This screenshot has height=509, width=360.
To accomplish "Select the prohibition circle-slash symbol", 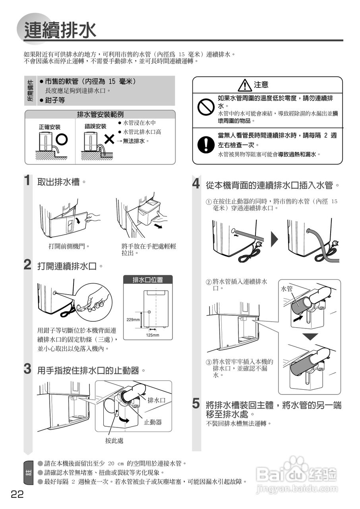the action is click(206, 107).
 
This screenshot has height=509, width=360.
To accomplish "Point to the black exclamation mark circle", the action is click(206, 144).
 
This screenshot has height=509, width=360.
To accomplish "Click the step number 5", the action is click(196, 404).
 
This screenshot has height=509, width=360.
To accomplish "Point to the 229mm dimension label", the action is click(133, 320).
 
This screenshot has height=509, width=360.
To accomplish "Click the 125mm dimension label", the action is click(152, 335).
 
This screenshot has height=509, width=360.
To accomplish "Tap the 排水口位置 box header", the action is click(148, 280).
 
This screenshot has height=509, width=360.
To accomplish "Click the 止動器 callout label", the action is click(153, 422).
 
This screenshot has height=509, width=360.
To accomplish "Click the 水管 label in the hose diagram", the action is click(287, 289).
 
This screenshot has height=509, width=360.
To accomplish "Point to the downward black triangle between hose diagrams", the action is click(310, 336).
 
